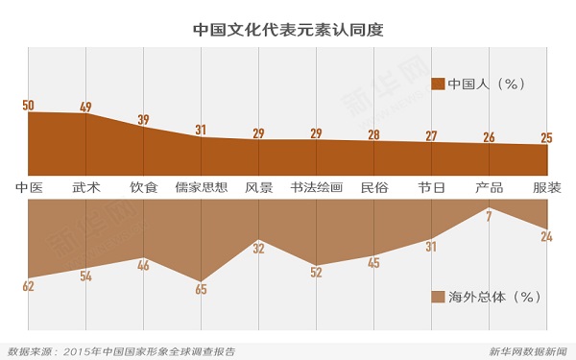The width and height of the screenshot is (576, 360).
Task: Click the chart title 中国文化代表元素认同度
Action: coord(288,28)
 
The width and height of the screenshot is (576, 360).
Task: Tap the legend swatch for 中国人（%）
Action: coord(439,84)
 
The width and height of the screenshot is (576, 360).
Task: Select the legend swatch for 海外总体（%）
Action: coord(439,296)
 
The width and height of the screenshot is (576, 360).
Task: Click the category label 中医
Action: coord(29,186)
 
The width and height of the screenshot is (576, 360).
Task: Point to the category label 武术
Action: coord(86,186)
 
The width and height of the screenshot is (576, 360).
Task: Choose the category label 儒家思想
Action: coord(202,186)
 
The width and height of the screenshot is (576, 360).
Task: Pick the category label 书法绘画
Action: coord(317,186)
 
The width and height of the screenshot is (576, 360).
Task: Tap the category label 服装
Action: coord(546,186)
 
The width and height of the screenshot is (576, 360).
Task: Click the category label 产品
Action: coord(490,186)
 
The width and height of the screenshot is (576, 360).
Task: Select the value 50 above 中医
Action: coord(27,104)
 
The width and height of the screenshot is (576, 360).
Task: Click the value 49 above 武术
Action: coord(85,107)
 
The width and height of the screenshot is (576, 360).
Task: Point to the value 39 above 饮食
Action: coord(143,120)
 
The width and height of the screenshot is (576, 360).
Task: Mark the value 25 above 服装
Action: coord(546,138)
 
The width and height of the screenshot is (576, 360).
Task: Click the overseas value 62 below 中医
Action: coord(28,284)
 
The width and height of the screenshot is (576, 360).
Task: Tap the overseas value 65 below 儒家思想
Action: coord(201,288)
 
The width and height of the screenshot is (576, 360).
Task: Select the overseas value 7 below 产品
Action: coord(489,216)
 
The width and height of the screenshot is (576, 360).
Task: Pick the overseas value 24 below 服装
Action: coord(546,235)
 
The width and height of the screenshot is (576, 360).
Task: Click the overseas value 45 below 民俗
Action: coord(373,262)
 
